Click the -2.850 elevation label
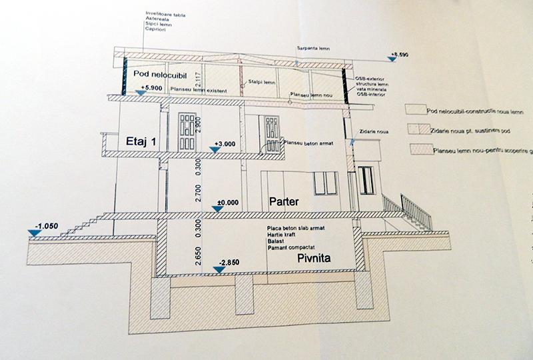tap(229, 261)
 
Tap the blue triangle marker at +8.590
tap(394, 60)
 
